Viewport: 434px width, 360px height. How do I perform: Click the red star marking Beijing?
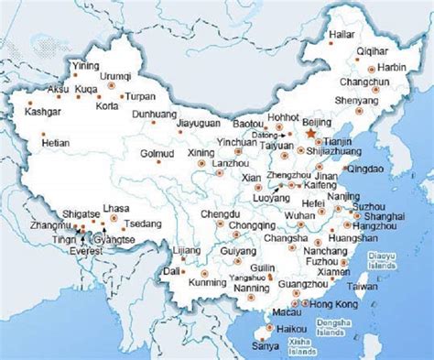(x=310, y=135)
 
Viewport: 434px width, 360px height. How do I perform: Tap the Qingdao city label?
(x=385, y=169)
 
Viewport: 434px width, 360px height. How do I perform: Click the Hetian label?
(x=58, y=144)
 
